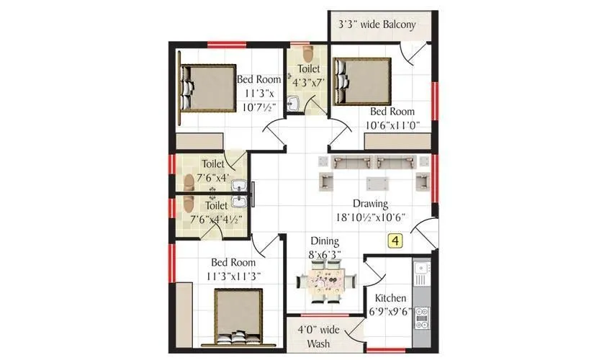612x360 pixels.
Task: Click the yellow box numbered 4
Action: pyautogui.click(x=395, y=241)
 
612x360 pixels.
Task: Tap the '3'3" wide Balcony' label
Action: pyautogui.click(x=377, y=25)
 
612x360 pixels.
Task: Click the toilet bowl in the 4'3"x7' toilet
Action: pyautogui.click(x=308, y=55)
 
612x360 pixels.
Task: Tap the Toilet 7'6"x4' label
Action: pyautogui.click(x=212, y=170)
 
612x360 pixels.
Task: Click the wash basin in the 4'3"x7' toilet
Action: pyautogui.click(x=292, y=104)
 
